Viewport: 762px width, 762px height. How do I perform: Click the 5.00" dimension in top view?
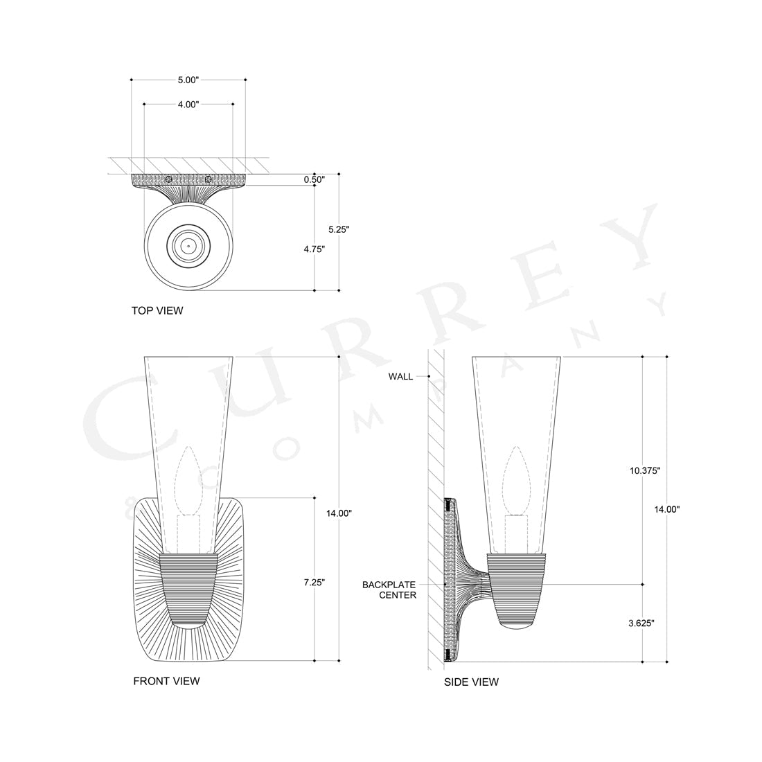188,80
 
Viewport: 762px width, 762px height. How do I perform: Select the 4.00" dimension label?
188,104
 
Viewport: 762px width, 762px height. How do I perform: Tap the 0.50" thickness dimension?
314,179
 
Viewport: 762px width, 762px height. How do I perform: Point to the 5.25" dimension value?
339,229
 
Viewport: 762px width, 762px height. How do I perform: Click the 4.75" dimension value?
314,247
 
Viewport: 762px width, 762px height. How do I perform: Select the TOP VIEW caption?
157,310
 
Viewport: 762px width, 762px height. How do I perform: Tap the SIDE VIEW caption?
471,682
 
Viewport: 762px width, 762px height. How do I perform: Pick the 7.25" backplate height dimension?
314,583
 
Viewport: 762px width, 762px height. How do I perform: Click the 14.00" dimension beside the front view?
339,513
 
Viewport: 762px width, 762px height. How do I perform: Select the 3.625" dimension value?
641,623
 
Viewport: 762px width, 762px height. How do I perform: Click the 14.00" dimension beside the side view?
667,509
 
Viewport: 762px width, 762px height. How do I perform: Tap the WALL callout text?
400,377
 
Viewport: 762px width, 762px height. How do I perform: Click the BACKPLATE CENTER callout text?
389,590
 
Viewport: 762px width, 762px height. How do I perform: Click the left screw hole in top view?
168,179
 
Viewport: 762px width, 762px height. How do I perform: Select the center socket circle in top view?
188,246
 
